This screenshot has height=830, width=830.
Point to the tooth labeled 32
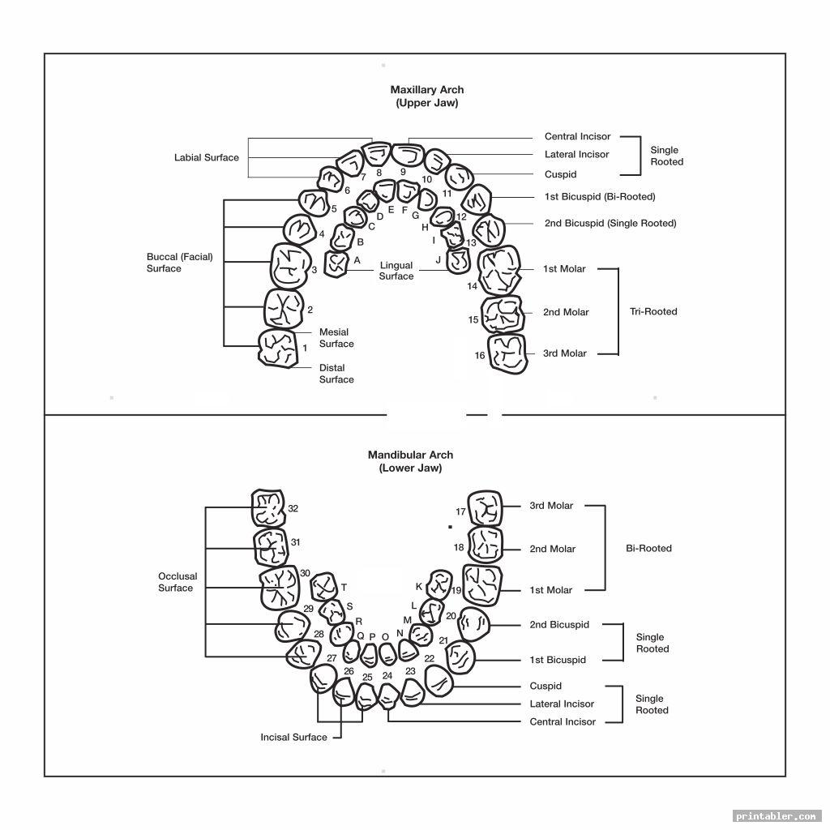point(267,509)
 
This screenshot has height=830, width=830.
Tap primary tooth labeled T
point(324,586)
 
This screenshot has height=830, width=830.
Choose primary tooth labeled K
point(439,583)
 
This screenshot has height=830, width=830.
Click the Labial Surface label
point(207,157)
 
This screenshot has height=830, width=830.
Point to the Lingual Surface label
point(396,271)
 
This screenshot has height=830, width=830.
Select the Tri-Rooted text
point(653,311)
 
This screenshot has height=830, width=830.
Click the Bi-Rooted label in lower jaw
point(648,548)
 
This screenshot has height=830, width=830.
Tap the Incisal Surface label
point(293,737)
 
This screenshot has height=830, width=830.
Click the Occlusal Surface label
point(178,582)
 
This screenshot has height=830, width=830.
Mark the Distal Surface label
point(336,374)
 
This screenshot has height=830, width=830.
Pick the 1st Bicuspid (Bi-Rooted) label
point(600,197)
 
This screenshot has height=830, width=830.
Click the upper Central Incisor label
point(577,137)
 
